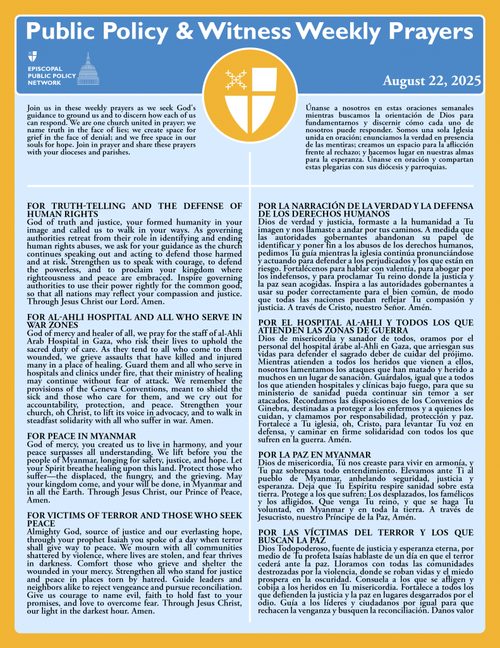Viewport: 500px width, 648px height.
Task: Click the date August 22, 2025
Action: tap(432, 81)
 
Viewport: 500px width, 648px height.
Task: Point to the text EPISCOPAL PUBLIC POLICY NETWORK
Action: tap(51, 74)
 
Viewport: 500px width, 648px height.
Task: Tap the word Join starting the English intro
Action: tap(35, 108)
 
